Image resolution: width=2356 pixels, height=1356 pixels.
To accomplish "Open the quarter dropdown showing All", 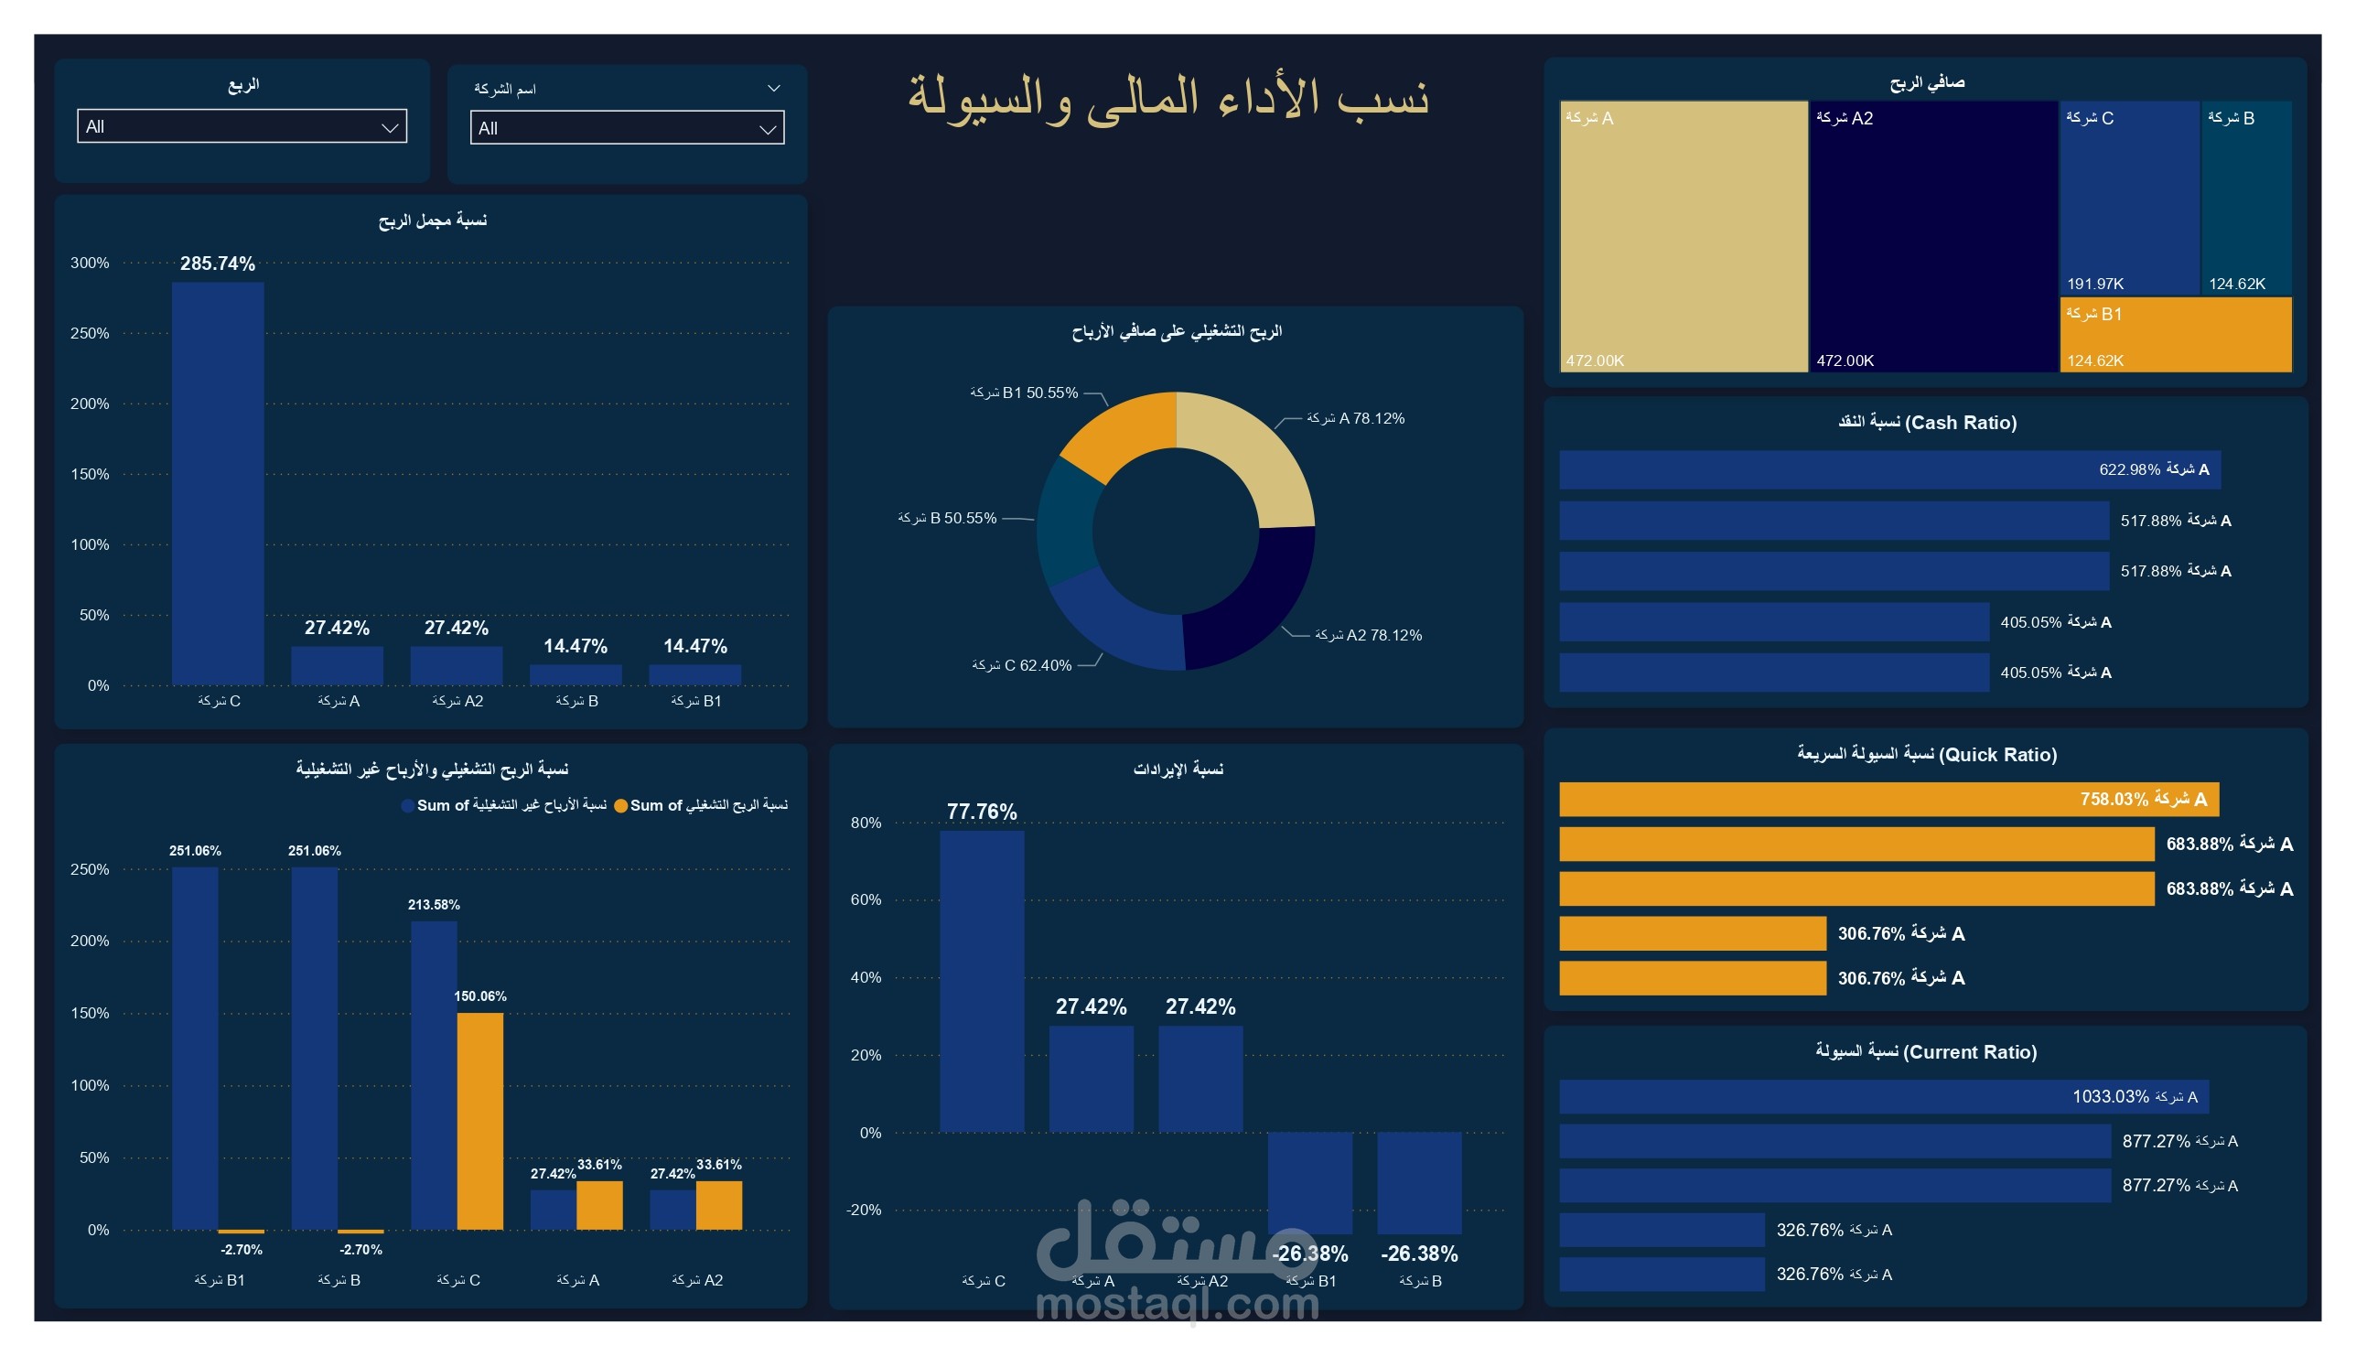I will click(x=242, y=126).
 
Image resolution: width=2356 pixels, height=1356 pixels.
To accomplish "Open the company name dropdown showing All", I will click(x=627, y=128).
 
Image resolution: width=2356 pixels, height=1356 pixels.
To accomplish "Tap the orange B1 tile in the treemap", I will click(x=2175, y=335).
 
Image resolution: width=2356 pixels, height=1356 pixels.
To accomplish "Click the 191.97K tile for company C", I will click(x=2128, y=198).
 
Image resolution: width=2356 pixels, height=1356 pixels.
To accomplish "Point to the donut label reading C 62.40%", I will click(x=1022, y=666).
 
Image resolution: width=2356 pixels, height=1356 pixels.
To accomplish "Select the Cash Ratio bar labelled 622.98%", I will click(x=1888, y=470).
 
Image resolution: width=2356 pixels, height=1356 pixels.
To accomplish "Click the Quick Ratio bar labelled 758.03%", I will click(x=1888, y=800).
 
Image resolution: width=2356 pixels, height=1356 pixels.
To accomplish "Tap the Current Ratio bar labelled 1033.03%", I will click(x=1883, y=1097).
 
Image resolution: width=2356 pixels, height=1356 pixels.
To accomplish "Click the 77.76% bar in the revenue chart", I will click(x=982, y=981).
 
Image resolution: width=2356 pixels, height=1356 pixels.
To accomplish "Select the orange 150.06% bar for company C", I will click(x=479, y=1122).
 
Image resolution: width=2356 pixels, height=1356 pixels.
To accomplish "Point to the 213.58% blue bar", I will click(x=433, y=1076).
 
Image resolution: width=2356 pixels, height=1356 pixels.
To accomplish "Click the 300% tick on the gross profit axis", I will click(x=90, y=264).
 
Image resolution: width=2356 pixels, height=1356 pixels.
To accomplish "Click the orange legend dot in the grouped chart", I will click(x=620, y=806).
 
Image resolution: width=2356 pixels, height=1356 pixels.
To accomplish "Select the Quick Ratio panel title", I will click(x=1926, y=755).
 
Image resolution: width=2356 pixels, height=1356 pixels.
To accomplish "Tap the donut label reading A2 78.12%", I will click(x=1367, y=636).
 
